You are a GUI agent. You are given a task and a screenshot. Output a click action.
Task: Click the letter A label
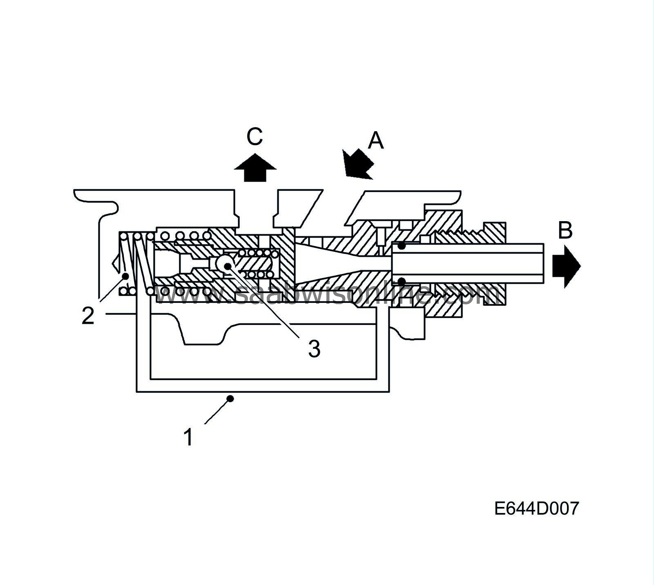click(x=376, y=141)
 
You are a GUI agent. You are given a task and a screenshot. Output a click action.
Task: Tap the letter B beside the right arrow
click(x=565, y=231)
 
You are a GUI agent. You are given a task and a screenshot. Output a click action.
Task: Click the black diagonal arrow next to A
click(x=357, y=164)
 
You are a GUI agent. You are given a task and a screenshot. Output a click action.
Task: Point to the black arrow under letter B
click(x=566, y=266)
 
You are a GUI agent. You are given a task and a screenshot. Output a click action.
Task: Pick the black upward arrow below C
click(x=255, y=168)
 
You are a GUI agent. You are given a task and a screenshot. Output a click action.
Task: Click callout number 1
click(x=188, y=437)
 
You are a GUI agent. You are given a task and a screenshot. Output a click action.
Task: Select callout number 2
click(x=88, y=316)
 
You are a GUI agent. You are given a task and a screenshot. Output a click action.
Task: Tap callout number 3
click(x=314, y=349)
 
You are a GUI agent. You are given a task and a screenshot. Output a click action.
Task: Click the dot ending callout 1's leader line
click(x=231, y=398)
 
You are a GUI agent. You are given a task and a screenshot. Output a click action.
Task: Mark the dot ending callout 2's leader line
click(x=126, y=276)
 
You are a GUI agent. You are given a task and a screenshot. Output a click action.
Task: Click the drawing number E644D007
click(x=536, y=509)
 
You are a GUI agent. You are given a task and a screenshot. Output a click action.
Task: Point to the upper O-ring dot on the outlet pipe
click(x=402, y=246)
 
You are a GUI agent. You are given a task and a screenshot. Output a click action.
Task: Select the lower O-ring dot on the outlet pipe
click(x=402, y=281)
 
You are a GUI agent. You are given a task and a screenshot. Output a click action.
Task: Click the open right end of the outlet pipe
click(x=543, y=264)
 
